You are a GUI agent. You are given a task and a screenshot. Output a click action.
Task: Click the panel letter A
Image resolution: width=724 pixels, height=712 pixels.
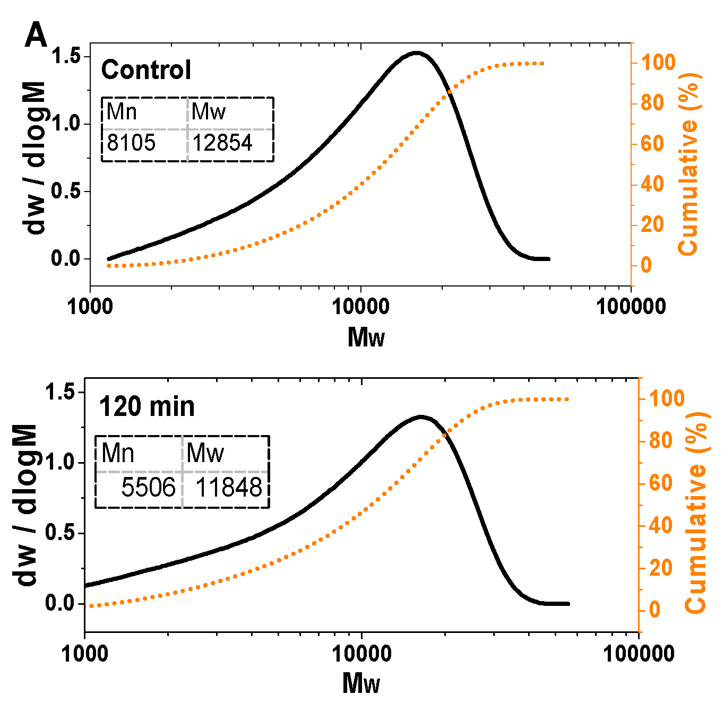coord(36,36)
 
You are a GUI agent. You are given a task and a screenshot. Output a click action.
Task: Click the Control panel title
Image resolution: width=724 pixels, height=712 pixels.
coord(146,70)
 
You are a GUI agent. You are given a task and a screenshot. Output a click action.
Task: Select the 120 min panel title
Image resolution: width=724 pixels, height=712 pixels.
coord(147,407)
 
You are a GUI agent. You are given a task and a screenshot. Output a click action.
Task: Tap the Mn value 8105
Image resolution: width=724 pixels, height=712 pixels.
coord(131,143)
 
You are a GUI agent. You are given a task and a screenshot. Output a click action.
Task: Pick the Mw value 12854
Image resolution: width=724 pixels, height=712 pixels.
coord(222,143)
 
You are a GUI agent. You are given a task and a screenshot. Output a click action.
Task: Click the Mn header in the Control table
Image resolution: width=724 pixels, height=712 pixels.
coord(122,112)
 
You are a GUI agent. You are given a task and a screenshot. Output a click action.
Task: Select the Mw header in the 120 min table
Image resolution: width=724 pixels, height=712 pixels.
coord(205,454)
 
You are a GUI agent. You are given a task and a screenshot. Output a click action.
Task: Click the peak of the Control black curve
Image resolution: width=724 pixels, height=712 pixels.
coord(417,53)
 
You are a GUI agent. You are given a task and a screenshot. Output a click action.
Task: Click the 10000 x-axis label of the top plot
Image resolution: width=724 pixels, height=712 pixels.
coord(361,307)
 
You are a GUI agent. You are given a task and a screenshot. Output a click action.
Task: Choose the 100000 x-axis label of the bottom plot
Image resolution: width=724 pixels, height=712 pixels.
coord(639,654)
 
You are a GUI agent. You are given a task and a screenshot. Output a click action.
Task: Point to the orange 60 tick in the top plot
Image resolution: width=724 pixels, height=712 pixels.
coord(652,143)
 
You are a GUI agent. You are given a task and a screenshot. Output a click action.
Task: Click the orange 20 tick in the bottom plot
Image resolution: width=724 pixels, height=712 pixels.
coord(661,568)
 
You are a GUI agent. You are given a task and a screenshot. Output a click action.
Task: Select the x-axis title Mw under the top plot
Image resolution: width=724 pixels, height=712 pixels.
coord(366,337)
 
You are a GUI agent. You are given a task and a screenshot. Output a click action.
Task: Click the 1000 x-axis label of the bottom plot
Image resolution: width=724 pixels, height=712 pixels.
coord(85,654)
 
